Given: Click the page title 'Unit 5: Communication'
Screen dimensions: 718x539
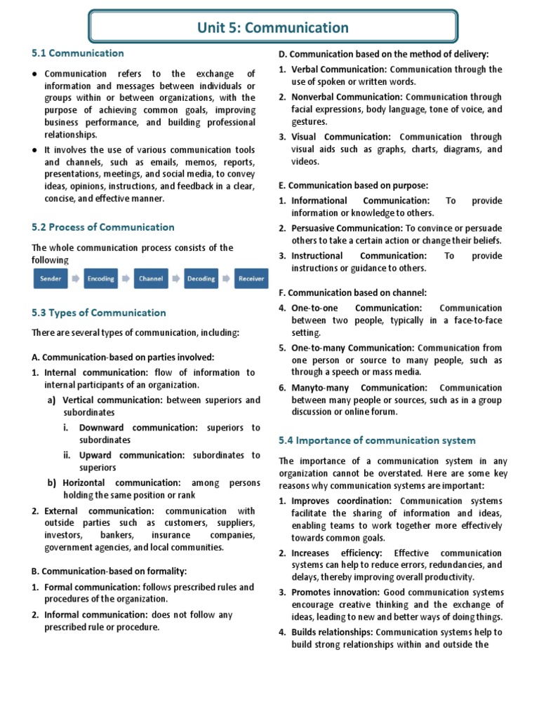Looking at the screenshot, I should (274, 28).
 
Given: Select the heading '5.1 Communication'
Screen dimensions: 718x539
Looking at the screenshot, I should (77, 53).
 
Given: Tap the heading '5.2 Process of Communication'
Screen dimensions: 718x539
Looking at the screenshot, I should (103, 227).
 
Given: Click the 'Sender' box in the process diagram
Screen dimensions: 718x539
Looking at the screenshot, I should (51, 278).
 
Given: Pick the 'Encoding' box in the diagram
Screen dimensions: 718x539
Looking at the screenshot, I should (100, 278).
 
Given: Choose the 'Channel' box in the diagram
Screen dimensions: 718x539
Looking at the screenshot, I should (151, 278).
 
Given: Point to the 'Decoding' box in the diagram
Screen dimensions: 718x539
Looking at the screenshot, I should (201, 278).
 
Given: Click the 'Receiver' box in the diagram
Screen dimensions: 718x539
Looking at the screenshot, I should (251, 278).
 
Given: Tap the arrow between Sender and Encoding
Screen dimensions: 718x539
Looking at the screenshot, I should (76, 278).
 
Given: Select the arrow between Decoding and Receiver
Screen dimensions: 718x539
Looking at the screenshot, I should (226, 278).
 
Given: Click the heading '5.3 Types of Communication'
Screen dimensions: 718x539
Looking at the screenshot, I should (99, 313).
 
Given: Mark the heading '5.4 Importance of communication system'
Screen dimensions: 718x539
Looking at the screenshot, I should (377, 440).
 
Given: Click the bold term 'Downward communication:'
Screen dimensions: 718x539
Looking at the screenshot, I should (138, 427).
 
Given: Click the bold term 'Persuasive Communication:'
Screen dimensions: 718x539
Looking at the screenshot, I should (347, 228).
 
